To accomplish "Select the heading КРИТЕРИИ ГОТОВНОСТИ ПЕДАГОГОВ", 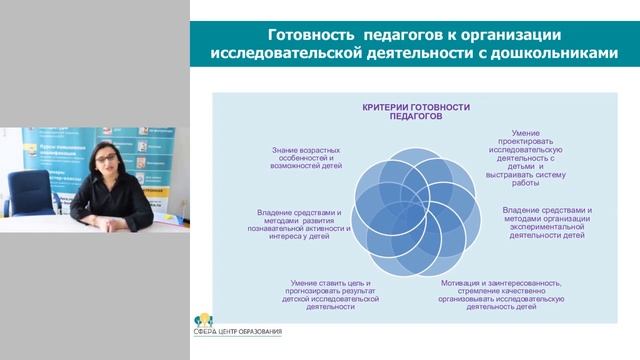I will (415, 111).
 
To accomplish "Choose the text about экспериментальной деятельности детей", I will (547, 223).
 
